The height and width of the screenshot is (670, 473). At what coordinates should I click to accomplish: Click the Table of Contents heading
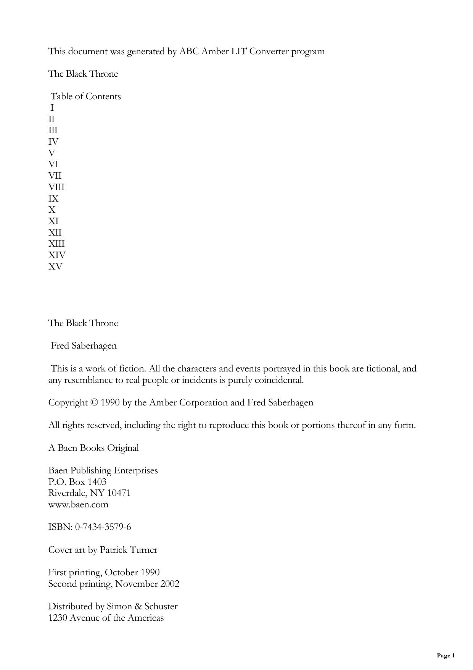tap(86, 96)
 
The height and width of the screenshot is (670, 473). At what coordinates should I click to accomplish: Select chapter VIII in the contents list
tap(56, 187)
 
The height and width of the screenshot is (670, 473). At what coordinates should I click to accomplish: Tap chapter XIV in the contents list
tap(57, 255)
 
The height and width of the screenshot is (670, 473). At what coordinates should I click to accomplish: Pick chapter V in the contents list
tap(52, 153)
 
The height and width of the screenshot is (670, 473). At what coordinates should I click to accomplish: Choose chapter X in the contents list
tap(52, 210)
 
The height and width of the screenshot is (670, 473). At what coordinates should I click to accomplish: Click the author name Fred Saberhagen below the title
tap(84, 345)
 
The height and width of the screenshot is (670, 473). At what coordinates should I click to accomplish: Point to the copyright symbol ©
tap(94, 403)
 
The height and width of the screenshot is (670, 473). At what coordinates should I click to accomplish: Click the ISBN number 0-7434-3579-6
tap(103, 527)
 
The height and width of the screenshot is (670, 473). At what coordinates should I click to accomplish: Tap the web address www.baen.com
tap(78, 504)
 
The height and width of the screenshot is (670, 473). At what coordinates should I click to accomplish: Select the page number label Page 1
tap(446, 655)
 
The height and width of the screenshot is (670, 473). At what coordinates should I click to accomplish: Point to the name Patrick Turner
tap(129, 550)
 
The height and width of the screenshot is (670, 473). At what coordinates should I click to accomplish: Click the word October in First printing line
tap(121, 572)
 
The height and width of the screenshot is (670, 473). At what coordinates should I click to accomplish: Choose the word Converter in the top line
tap(269, 51)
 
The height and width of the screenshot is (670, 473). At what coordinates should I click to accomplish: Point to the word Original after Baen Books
tap(123, 448)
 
